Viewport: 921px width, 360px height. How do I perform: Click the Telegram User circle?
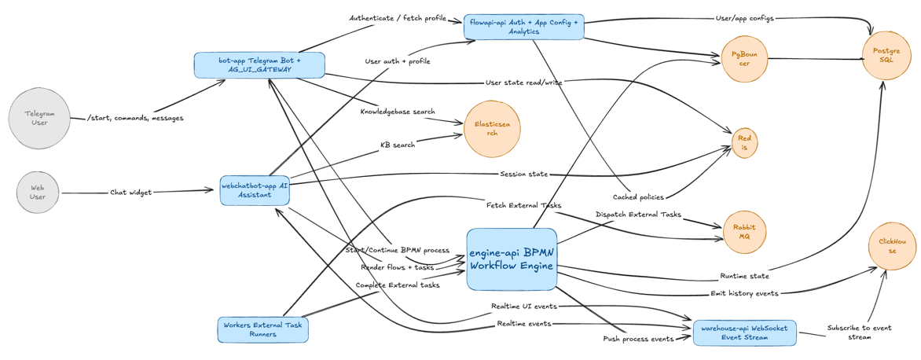(x=39, y=118)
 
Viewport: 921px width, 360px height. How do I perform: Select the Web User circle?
(x=38, y=192)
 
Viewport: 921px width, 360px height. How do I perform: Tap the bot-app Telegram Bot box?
(x=259, y=64)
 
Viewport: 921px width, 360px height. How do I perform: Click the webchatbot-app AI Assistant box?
(x=255, y=189)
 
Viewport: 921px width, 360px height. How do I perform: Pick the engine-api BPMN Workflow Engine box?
(x=512, y=259)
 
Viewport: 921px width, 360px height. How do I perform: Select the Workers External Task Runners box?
(x=262, y=329)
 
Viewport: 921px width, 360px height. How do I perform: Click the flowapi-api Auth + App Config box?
(x=523, y=27)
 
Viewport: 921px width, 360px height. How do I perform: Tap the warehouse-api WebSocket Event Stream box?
(x=745, y=332)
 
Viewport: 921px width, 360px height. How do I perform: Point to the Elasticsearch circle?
(x=492, y=128)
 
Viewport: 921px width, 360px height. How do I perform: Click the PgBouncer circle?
(x=743, y=59)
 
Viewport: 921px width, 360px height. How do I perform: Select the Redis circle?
(x=743, y=143)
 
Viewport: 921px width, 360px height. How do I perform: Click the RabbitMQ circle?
(x=743, y=232)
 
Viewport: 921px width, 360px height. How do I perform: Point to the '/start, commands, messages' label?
(x=135, y=118)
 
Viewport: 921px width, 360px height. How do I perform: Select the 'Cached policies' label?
(x=638, y=197)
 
